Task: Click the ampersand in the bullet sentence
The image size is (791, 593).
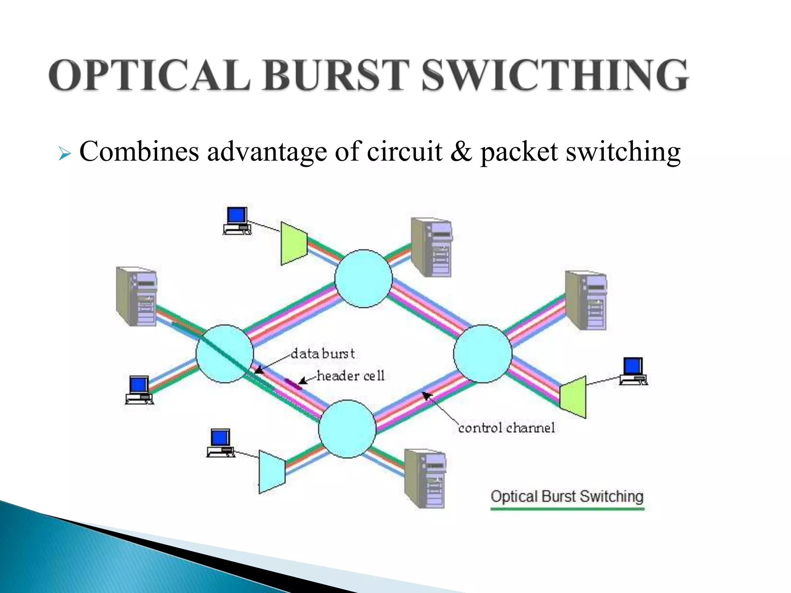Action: point(460,151)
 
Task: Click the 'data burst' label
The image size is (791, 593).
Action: point(323,354)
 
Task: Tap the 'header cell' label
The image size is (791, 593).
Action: point(350,376)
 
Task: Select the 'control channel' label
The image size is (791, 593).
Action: point(506,428)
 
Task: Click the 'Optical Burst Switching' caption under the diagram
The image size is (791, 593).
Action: point(567,496)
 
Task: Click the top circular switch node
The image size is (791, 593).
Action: point(363,278)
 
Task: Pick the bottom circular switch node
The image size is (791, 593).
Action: point(347,429)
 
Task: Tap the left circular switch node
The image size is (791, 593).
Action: point(225,354)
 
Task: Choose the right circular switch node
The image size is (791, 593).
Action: point(482,354)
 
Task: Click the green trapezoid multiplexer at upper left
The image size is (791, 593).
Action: point(294,243)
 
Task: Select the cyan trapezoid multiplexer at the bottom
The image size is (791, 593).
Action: point(272,471)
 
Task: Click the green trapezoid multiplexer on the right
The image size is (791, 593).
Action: point(573,397)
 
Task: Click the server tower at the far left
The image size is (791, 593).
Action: point(137,296)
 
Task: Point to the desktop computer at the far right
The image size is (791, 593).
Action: point(633,371)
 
